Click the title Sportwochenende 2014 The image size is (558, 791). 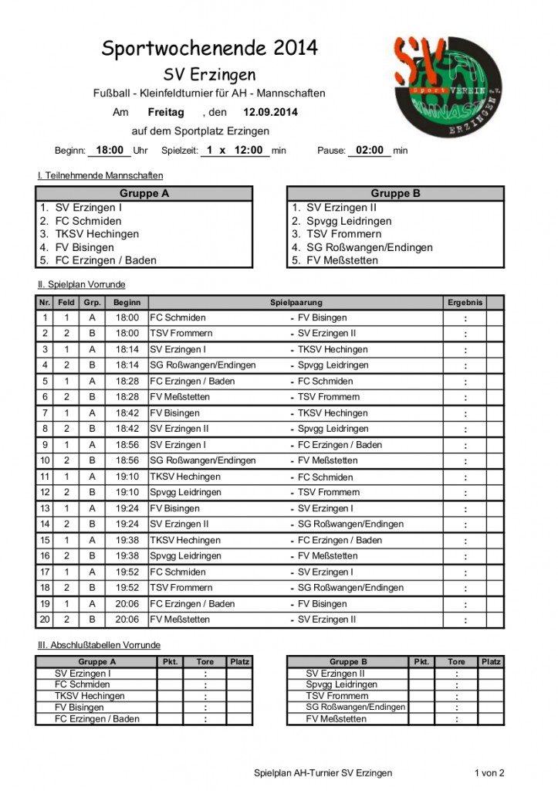[x=209, y=49]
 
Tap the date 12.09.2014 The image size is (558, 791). [x=269, y=112]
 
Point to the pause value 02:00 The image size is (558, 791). [x=370, y=151]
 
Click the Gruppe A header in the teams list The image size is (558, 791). [x=144, y=194]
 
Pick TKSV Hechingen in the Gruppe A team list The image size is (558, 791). [x=96, y=234]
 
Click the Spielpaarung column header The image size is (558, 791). [x=296, y=303]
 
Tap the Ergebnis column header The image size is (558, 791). [x=465, y=303]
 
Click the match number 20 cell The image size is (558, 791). [x=46, y=620]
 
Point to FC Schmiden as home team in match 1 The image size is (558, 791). [x=178, y=317]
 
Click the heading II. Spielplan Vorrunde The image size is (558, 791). [x=81, y=285]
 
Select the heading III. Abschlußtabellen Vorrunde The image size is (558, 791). [x=99, y=645]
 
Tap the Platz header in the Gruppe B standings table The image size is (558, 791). [x=490, y=662]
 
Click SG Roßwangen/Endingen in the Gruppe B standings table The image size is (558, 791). [x=355, y=707]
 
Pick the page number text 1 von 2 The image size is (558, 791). [x=489, y=772]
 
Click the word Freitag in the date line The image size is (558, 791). [x=166, y=112]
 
